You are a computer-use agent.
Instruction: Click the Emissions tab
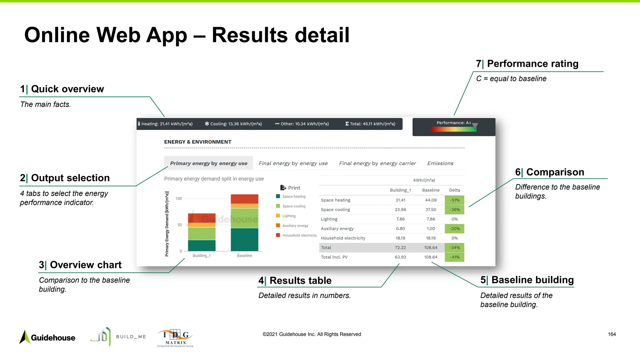(440, 163)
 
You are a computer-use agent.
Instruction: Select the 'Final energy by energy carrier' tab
(377, 163)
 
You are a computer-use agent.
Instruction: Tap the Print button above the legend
(290, 188)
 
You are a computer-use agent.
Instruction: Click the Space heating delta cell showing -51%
(454, 200)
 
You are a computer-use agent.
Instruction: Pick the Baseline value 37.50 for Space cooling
(431, 210)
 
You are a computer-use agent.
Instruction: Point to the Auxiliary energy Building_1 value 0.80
(400, 229)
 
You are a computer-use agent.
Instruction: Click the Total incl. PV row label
(334, 257)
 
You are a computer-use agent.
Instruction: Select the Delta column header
(454, 190)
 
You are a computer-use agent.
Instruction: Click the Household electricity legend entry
(299, 235)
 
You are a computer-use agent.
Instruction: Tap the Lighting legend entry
(289, 216)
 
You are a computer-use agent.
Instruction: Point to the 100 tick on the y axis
(178, 199)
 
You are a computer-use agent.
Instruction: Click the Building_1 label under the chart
(202, 256)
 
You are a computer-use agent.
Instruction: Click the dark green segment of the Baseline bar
(244, 239)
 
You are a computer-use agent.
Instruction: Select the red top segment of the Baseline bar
(244, 199)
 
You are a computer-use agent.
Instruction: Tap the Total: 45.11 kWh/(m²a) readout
(370, 124)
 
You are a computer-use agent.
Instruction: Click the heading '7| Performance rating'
(527, 64)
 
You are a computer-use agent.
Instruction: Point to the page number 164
(612, 334)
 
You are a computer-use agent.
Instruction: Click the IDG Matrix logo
(175, 338)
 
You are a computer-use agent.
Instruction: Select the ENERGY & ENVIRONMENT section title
(197, 142)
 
